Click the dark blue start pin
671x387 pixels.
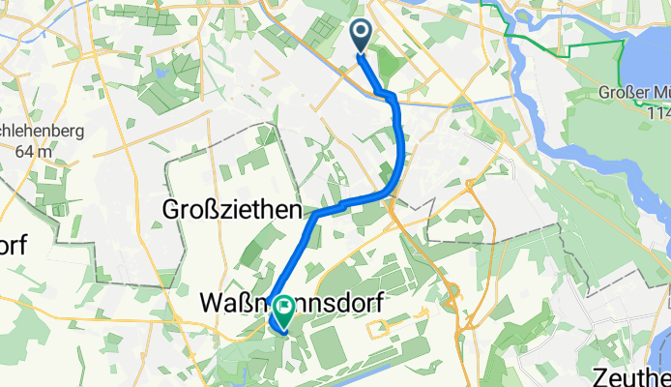point(361,38)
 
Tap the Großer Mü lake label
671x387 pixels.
point(634,94)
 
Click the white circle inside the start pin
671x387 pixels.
point(361,34)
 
